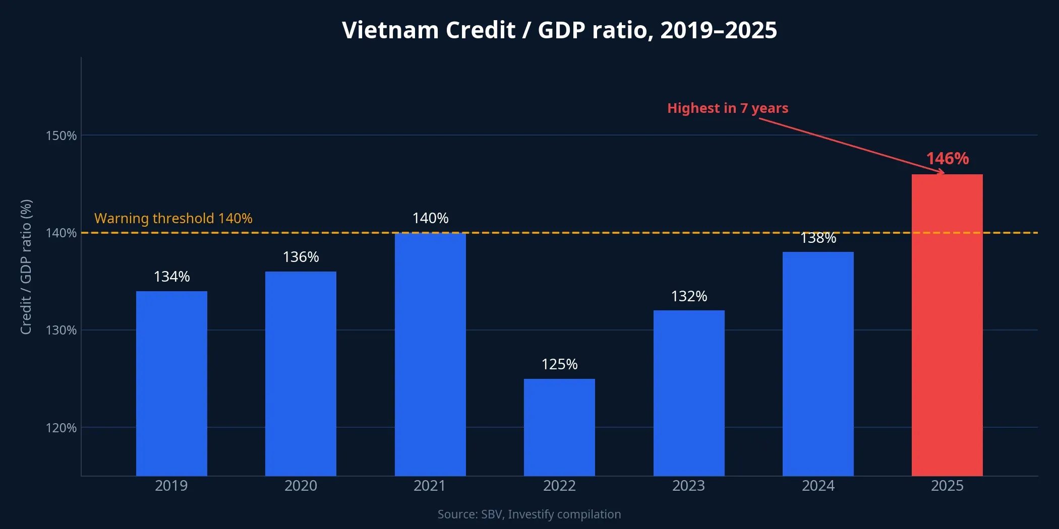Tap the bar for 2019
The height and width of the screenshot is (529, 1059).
click(x=171, y=383)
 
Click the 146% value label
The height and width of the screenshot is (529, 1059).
click(x=947, y=159)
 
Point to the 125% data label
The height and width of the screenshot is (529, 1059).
click(x=559, y=364)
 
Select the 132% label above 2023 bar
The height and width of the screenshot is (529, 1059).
click(x=689, y=296)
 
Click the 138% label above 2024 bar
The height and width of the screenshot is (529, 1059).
click(x=818, y=238)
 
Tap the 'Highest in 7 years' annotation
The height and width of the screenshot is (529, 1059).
click(x=727, y=108)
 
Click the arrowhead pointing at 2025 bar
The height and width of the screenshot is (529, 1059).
click(x=941, y=172)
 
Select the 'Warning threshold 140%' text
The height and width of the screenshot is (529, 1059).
click(x=173, y=219)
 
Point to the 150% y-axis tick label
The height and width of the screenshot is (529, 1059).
click(x=61, y=136)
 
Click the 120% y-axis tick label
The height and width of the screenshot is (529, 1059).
click(x=61, y=428)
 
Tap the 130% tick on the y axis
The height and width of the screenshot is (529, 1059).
click(x=61, y=330)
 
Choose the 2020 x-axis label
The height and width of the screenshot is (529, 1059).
click(x=301, y=486)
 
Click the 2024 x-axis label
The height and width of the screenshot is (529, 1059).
click(x=818, y=486)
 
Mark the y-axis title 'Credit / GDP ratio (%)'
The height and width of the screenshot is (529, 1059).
click(x=26, y=267)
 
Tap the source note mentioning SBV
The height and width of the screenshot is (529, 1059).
click(x=529, y=514)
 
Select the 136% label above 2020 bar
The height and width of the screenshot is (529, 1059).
click(x=301, y=257)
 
